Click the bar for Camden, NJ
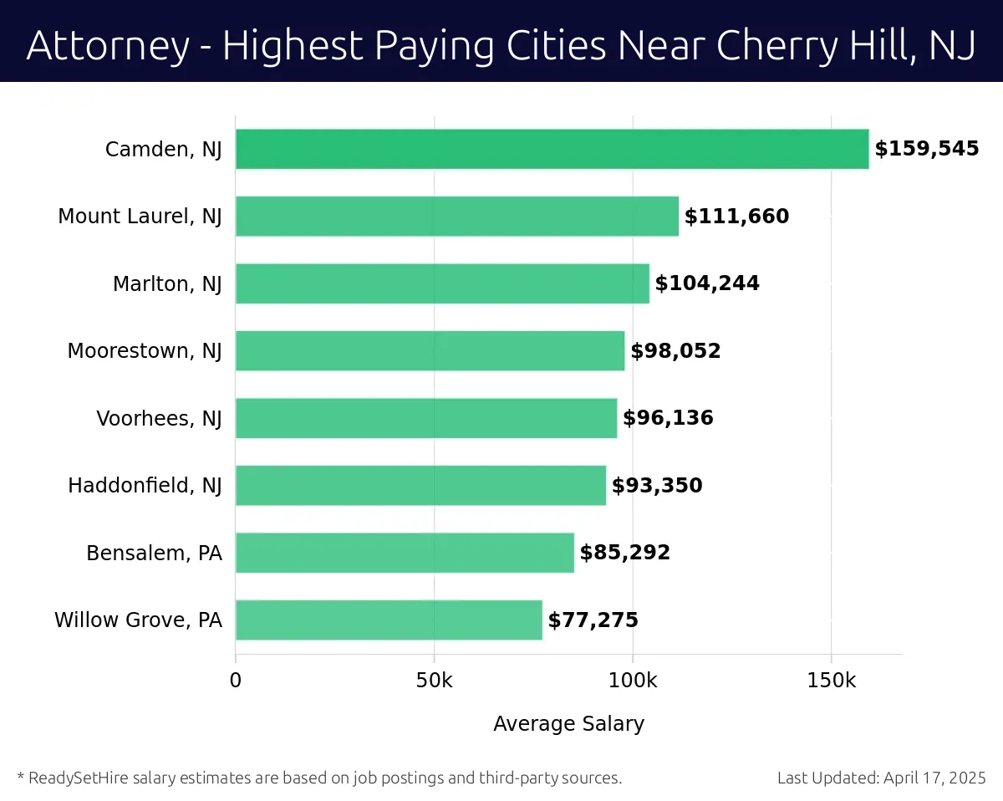click(x=552, y=150)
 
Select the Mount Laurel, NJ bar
click(x=456, y=217)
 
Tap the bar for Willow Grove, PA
click(x=389, y=620)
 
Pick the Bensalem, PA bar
click(x=405, y=553)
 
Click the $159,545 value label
click(x=926, y=150)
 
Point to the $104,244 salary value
click(x=707, y=283)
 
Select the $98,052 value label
click(x=675, y=351)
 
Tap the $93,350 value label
click(x=657, y=486)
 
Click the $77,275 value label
click(x=593, y=620)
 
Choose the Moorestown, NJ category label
click(x=145, y=351)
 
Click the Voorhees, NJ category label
click(x=159, y=418)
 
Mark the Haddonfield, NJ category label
click(x=145, y=486)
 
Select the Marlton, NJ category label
click(x=167, y=284)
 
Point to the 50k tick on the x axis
click(x=434, y=681)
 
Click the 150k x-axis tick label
click(x=831, y=681)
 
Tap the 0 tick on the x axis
click(x=236, y=681)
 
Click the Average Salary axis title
click(x=568, y=724)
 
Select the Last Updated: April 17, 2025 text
click(x=881, y=778)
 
